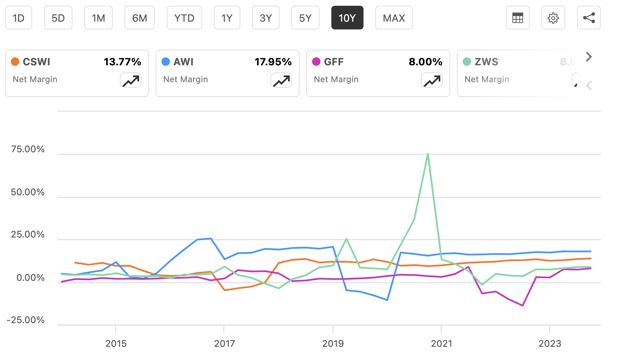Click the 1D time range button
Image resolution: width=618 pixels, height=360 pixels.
[19, 18]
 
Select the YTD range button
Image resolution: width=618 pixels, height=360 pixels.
[184, 18]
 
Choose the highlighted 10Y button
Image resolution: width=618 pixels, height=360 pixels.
[347, 18]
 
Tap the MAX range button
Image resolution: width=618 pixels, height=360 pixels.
[394, 18]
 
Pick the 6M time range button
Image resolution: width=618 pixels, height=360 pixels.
[139, 18]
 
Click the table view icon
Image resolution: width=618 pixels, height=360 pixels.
[517, 18]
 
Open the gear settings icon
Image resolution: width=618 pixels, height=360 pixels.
[553, 18]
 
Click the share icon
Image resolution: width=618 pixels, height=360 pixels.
[589, 18]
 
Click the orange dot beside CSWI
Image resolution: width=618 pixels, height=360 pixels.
[15, 62]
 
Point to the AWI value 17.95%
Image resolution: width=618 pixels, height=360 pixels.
[273, 62]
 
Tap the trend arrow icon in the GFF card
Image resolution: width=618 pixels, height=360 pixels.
[432, 81]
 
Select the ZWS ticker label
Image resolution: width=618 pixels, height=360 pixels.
[486, 62]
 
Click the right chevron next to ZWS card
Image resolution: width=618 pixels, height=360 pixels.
[589, 57]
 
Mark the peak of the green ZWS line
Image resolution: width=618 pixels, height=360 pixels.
[428, 154]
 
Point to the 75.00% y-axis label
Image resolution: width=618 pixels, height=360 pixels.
[28, 149]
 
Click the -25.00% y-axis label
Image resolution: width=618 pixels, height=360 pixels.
[26, 320]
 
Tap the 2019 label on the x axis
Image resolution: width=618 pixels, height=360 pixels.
[333, 344]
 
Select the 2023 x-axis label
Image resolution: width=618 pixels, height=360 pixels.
[550, 344]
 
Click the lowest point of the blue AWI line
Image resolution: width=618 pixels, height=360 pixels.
[387, 300]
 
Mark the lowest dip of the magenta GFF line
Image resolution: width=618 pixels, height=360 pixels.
[523, 306]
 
